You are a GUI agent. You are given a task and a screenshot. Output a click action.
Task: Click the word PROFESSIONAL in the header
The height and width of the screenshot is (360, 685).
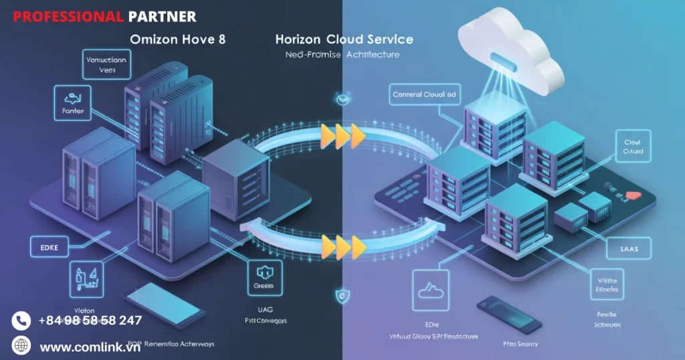tap(68, 16)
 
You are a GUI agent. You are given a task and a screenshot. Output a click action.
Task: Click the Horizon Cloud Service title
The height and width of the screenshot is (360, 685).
tap(344, 39)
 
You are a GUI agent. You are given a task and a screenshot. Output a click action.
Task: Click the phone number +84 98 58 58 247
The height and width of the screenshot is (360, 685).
tap(90, 320)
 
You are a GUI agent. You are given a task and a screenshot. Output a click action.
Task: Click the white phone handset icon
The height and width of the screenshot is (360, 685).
tap(21, 321)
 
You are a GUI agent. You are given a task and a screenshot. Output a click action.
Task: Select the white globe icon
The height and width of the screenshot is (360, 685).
tap(21, 346)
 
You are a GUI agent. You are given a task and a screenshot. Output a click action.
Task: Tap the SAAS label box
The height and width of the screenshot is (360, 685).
tap(625, 249)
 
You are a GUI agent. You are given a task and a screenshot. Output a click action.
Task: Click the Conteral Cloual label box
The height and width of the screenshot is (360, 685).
tap(424, 95)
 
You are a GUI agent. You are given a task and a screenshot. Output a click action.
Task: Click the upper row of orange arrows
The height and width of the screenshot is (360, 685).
tap(343, 136)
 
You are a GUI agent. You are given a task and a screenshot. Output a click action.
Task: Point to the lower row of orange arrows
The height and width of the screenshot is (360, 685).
tap(343, 246)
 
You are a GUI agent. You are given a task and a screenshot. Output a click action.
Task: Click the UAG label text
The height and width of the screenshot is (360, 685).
tap(264, 309)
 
